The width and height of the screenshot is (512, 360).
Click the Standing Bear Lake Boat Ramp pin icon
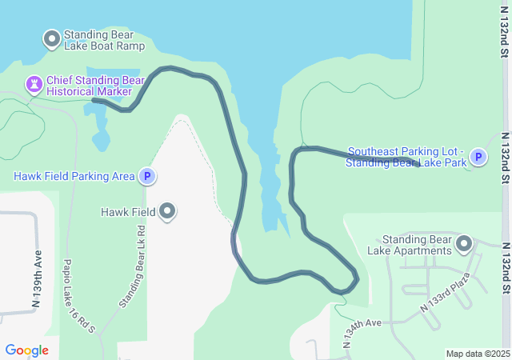(x=52, y=38)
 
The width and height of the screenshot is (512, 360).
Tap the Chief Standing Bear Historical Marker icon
(x=34, y=83)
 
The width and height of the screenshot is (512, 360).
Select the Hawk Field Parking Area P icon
(x=146, y=176)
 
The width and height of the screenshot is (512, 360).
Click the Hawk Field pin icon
(x=167, y=211)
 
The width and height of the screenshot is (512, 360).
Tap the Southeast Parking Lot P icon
(x=478, y=157)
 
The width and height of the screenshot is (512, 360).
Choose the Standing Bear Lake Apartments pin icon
(x=464, y=243)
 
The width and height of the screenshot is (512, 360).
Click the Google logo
(x=26, y=350)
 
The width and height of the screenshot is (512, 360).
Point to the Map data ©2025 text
(x=478, y=354)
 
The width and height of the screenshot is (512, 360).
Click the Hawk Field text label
(x=128, y=212)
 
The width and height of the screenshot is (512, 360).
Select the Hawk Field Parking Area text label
(x=74, y=176)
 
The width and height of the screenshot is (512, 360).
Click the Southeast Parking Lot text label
(x=406, y=157)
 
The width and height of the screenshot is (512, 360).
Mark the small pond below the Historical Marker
(x=100, y=140)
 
